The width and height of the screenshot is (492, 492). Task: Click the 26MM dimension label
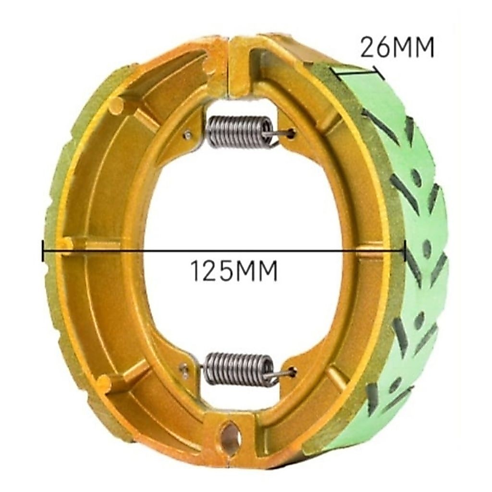coord(397,48)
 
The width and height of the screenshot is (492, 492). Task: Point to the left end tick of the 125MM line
coord(42,250)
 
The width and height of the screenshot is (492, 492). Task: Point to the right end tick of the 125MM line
coord(405,250)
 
